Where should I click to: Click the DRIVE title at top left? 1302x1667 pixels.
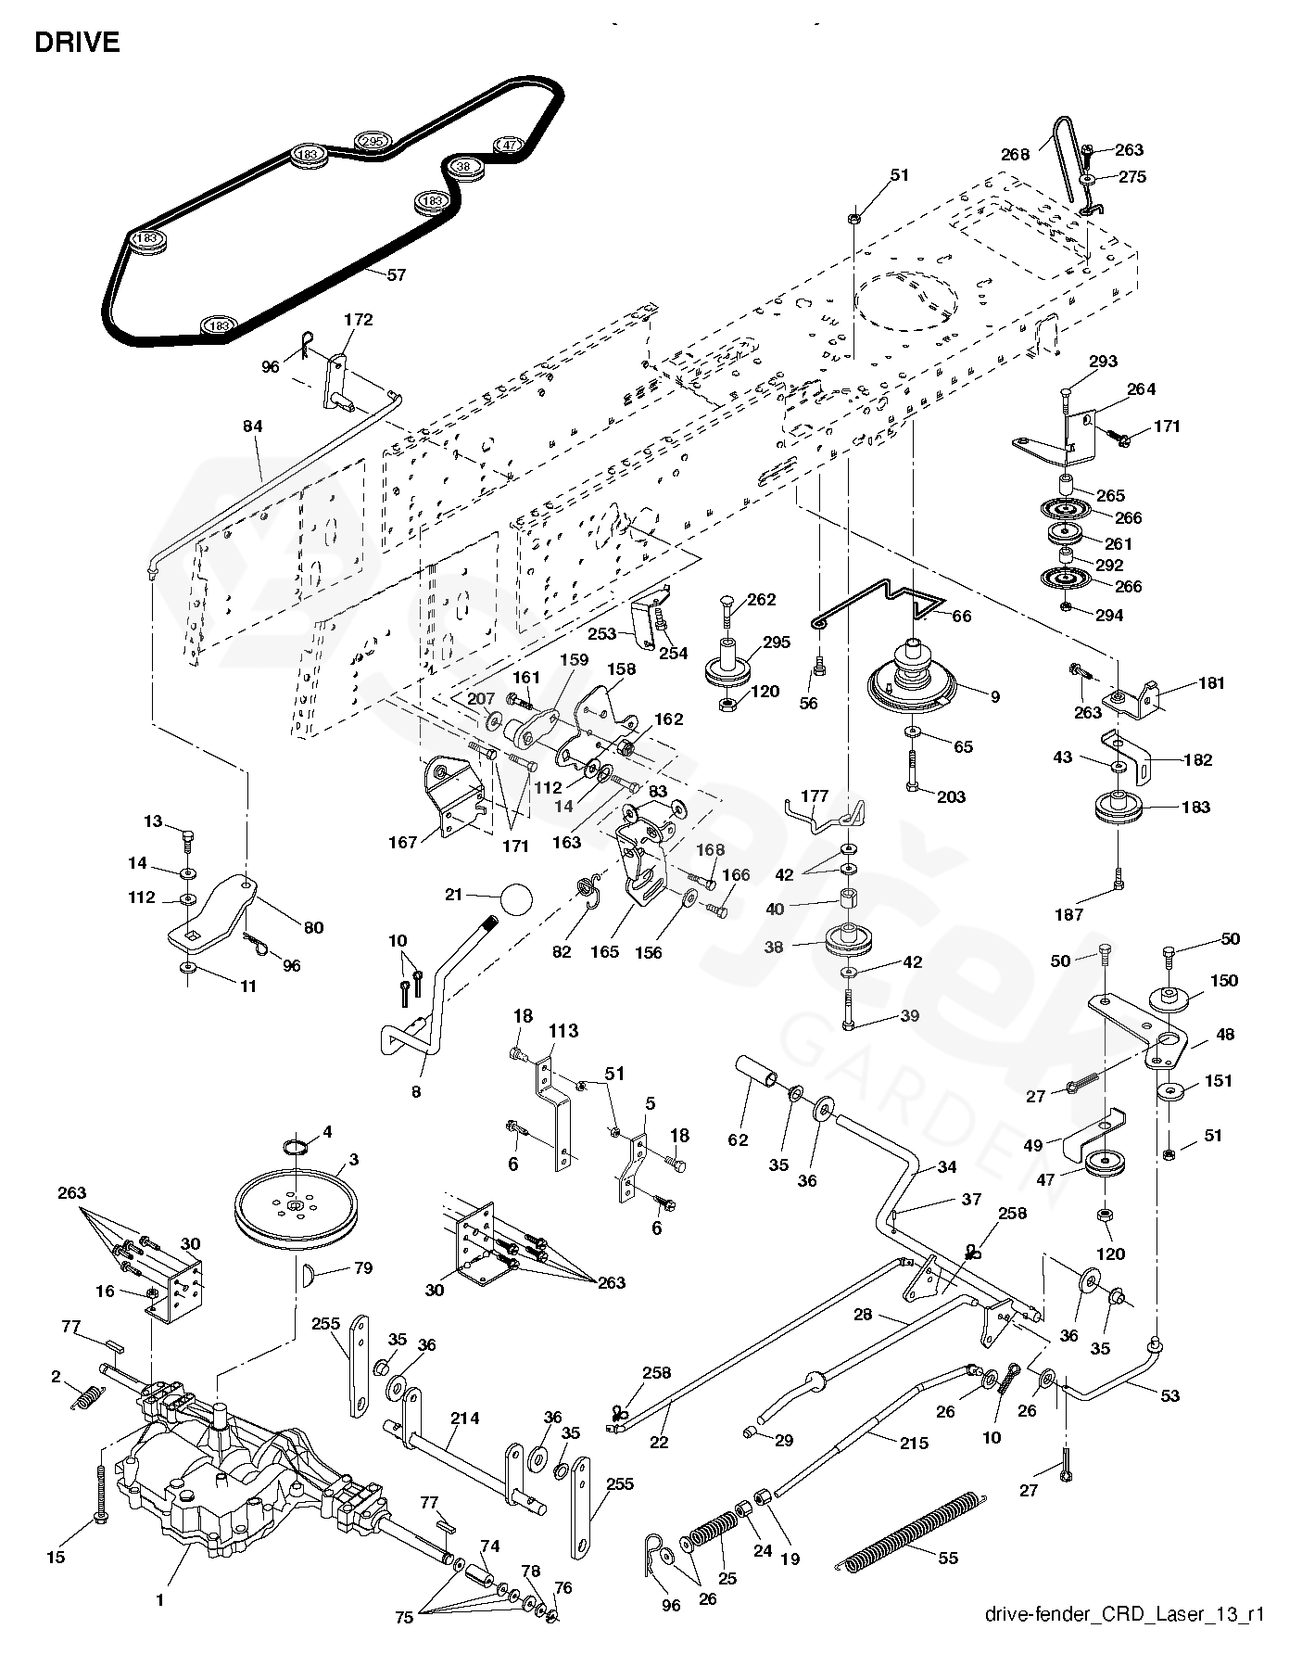click(x=77, y=44)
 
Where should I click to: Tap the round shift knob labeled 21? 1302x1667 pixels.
click(x=516, y=898)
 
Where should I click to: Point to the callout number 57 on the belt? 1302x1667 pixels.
click(x=396, y=275)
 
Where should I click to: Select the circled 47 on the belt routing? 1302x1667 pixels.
click(x=509, y=145)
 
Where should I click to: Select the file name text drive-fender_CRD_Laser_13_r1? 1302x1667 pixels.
click(x=1125, y=1640)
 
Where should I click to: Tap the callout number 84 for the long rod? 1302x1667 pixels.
click(x=253, y=426)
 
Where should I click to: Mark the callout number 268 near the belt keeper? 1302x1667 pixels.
click(x=1015, y=154)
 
